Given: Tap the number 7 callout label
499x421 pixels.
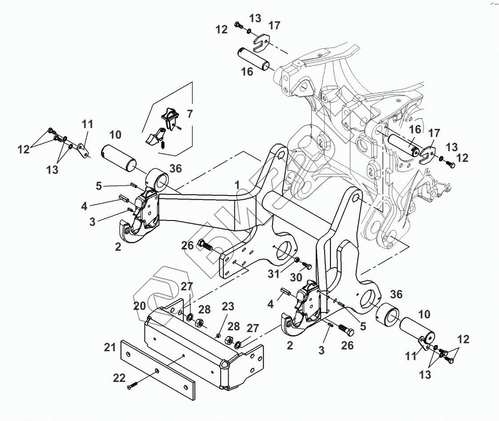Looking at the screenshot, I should pyautogui.click(x=190, y=114).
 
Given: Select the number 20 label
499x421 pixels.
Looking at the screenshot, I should pyautogui.click(x=140, y=306).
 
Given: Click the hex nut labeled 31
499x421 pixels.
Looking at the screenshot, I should pyautogui.click(x=296, y=259).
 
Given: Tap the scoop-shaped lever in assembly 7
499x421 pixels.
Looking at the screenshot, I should pyautogui.click(x=152, y=137).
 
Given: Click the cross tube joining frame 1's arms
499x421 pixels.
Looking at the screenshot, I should pyautogui.click(x=289, y=205).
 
